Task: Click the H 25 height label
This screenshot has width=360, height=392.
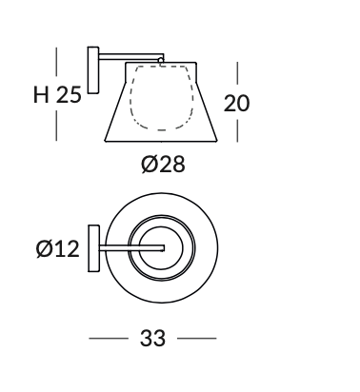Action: click(x=57, y=94)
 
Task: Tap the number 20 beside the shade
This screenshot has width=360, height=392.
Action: click(x=236, y=103)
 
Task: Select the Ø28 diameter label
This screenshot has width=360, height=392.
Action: click(x=163, y=165)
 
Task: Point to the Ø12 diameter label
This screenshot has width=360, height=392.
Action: click(x=57, y=248)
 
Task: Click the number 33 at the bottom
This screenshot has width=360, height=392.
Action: click(x=152, y=338)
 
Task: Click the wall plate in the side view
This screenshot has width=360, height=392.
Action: click(x=93, y=70)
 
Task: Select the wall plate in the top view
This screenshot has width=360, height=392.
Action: click(x=93, y=248)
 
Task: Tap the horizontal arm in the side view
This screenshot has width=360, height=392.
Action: click(x=131, y=56)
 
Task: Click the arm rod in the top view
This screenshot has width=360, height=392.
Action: click(x=131, y=248)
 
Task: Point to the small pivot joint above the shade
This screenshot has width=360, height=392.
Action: click(x=161, y=60)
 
